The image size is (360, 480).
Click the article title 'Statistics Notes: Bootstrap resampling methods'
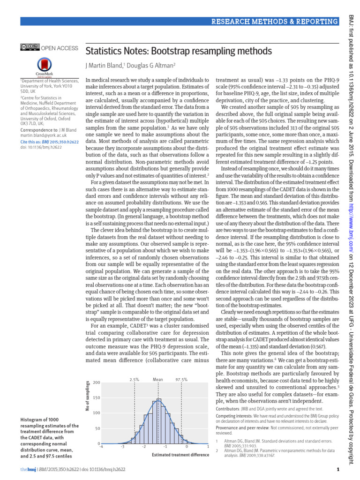[178, 51]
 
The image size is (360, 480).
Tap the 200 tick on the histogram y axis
[97, 383]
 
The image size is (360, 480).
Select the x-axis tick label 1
[208, 447]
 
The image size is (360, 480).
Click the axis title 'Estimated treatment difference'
[180, 455]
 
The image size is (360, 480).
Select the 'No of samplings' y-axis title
[87, 397]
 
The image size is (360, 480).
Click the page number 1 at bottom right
[337, 470]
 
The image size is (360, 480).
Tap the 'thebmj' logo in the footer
[27, 470]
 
